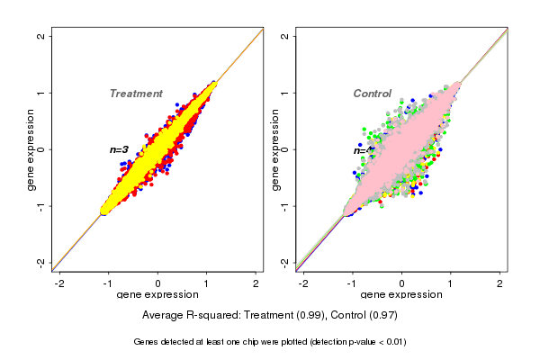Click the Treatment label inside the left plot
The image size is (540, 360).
pos(136,94)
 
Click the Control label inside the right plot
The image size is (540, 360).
pos(372,94)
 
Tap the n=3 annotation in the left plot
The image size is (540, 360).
pos(120,149)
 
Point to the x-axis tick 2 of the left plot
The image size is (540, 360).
pos(256,283)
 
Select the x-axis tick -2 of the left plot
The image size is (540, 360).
pos(59,283)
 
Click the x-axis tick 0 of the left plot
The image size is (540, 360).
pos(158,283)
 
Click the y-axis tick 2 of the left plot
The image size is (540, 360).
pos(42,37)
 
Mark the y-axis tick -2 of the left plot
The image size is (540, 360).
pos(42,262)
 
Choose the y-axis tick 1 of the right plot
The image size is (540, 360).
pos(285,93)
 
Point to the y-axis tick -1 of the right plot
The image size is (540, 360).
pos(285,205)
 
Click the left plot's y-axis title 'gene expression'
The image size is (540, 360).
pos(31,149)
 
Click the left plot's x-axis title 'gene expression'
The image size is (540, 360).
pos(157,295)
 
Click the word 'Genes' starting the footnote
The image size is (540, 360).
pos(146,342)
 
